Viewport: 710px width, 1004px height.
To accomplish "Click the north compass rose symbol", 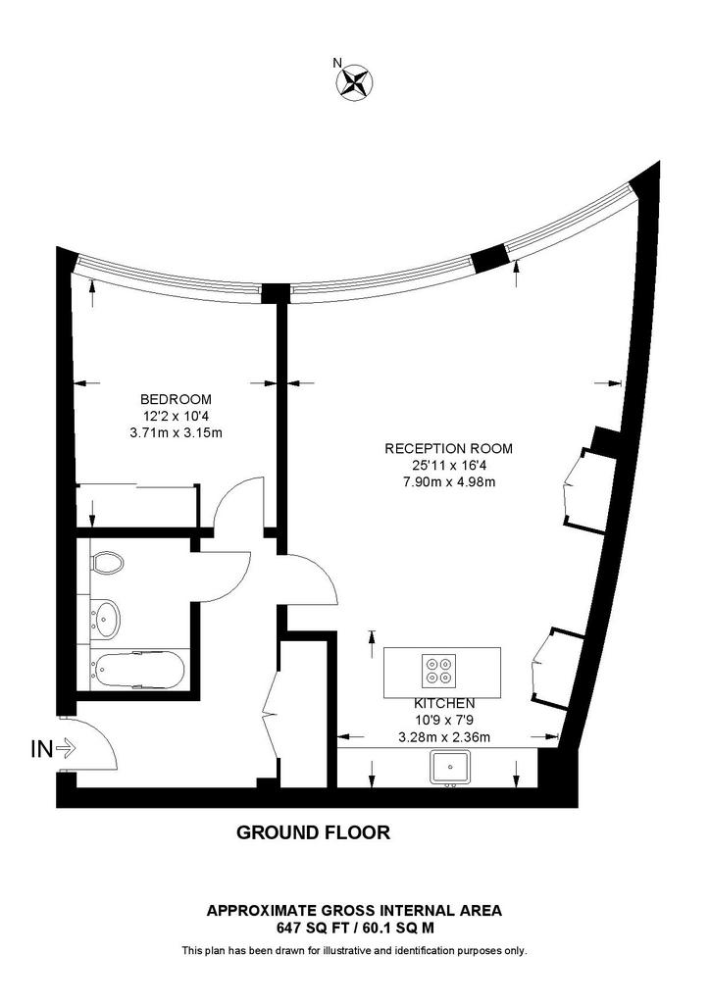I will coord(355,81).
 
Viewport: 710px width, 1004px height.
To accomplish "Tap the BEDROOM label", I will coord(177,399).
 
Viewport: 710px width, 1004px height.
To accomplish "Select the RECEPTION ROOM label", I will coord(448,448).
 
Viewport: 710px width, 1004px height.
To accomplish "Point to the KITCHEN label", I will coord(444,703).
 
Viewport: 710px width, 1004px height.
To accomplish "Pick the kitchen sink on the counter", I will coord(450,767).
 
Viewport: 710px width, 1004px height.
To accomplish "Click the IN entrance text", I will coord(42,750).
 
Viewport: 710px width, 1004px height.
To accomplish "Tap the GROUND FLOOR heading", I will coord(314,833).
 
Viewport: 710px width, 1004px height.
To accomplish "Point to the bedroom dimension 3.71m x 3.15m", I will coord(177,432).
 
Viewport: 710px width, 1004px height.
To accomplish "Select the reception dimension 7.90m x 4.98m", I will coord(448,481).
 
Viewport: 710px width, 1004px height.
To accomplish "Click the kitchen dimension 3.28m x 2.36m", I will coord(444,736).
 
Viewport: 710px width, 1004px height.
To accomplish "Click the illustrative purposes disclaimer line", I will coord(354,950).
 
